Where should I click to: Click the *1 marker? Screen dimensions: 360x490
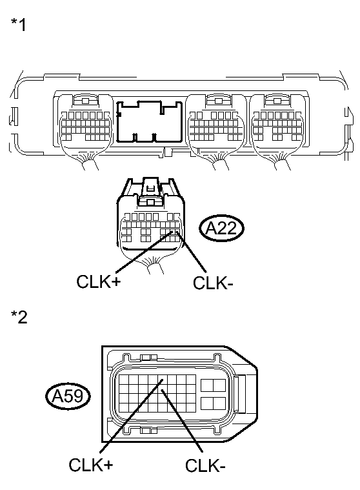[x=19, y=25]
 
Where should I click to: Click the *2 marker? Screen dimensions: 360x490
[x=19, y=317]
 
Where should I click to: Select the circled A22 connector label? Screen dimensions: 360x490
[x=221, y=229]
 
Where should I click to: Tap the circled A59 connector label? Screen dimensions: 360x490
[x=68, y=396]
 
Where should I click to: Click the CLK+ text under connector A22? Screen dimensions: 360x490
[x=98, y=281]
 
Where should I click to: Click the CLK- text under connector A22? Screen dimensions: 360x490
[x=213, y=283]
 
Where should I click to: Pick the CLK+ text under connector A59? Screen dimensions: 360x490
[x=90, y=465]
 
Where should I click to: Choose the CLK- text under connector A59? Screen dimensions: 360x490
[x=205, y=466]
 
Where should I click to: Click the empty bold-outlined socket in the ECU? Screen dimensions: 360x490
[x=150, y=121]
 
